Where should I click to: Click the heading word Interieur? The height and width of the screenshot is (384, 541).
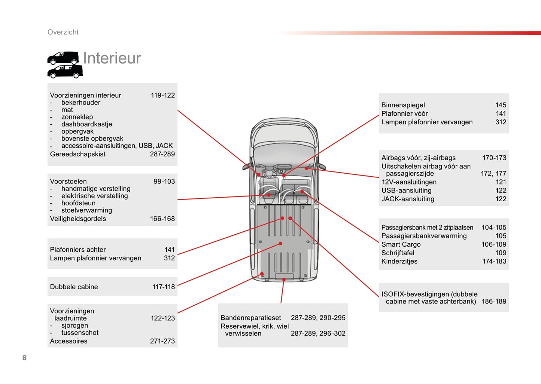(x=112, y=58)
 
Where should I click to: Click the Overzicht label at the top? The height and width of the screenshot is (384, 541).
(x=63, y=32)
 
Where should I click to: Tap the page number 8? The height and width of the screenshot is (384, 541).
(x=24, y=358)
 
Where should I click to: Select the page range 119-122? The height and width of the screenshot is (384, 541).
(x=162, y=95)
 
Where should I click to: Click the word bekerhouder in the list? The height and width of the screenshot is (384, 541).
(x=80, y=103)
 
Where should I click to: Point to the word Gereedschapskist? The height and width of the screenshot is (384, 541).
(x=77, y=154)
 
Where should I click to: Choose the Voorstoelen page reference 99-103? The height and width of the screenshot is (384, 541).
(x=164, y=182)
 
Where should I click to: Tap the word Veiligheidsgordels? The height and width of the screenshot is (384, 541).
(x=78, y=219)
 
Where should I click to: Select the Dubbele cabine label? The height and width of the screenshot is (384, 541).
(x=74, y=287)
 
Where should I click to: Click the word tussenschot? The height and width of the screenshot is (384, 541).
(x=80, y=333)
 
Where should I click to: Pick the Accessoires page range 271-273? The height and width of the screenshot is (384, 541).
(x=162, y=341)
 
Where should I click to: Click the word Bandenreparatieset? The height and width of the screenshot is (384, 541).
(x=250, y=318)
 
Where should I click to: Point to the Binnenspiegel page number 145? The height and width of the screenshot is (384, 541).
(x=501, y=105)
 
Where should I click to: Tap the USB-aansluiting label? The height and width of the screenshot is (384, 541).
(x=406, y=191)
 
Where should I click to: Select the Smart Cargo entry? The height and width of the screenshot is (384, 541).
(x=401, y=244)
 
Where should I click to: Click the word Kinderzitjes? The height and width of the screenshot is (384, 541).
(x=399, y=262)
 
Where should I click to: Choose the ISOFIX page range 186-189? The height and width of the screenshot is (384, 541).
(x=493, y=302)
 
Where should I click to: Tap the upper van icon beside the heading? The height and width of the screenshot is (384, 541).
(x=63, y=58)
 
